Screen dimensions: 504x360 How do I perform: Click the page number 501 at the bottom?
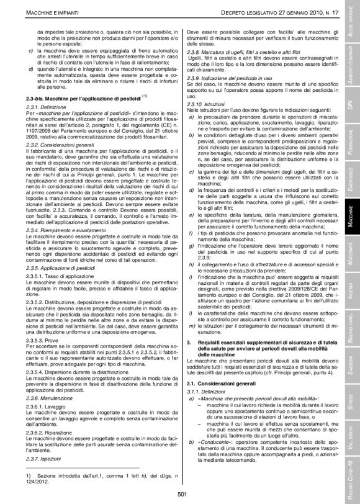point(182,494)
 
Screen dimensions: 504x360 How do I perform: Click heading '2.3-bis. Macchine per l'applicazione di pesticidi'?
point(84,98)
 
